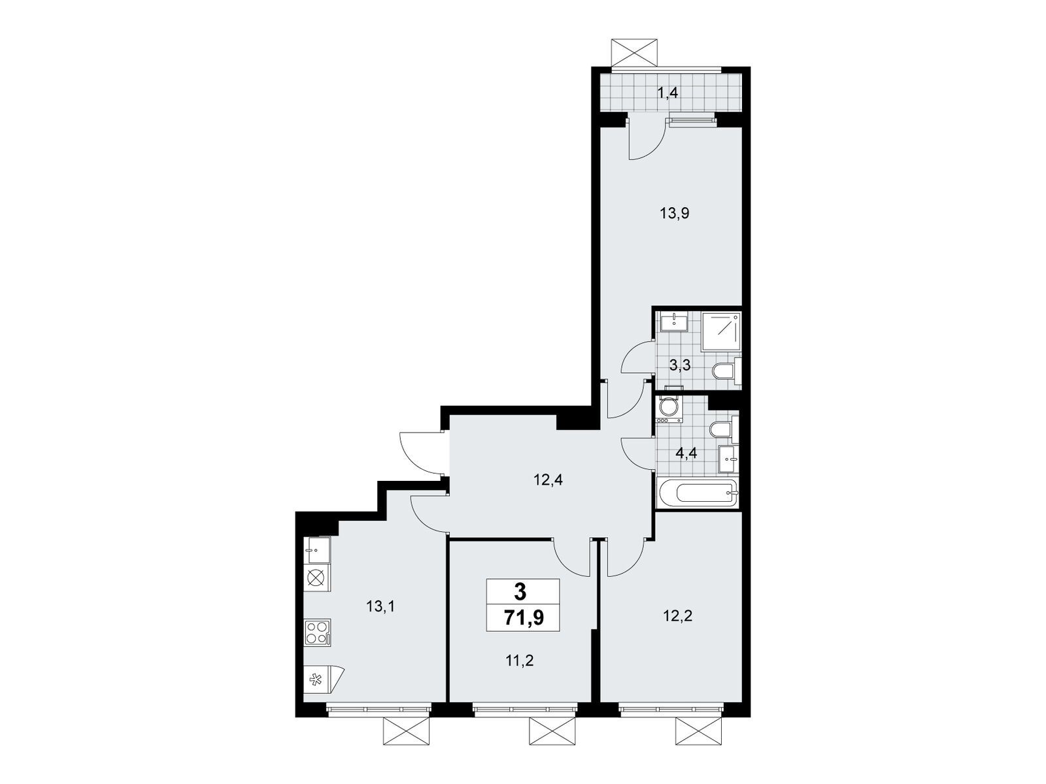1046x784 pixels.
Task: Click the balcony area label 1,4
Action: pyautogui.click(x=667, y=93)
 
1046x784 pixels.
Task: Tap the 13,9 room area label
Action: pyautogui.click(x=675, y=213)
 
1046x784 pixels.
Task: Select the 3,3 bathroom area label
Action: pyautogui.click(x=680, y=366)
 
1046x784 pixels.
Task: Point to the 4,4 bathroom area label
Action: pyautogui.click(x=686, y=453)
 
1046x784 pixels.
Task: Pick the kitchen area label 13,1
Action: pyautogui.click(x=380, y=606)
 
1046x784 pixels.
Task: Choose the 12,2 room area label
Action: pyautogui.click(x=678, y=616)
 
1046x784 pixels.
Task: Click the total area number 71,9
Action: pyautogui.click(x=524, y=618)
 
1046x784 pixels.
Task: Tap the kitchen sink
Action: pyautogui.click(x=317, y=550)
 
